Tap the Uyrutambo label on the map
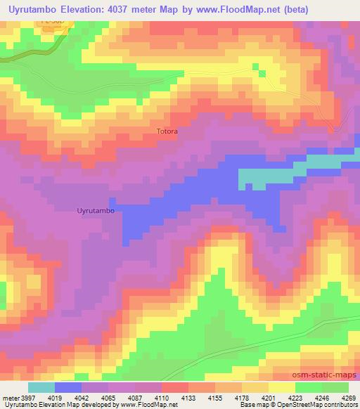[x=95, y=210]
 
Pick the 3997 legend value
[x=25, y=398]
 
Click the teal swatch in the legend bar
[x=41, y=387]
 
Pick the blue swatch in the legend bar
[x=68, y=387]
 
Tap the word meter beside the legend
[x=9, y=398]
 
